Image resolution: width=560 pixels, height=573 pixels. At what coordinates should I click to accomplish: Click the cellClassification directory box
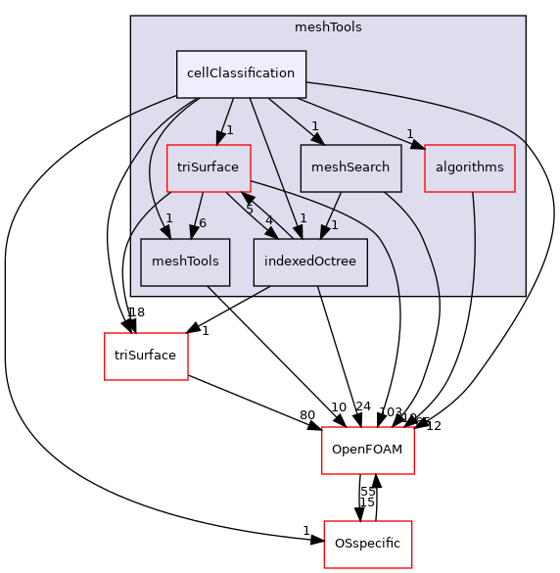241,73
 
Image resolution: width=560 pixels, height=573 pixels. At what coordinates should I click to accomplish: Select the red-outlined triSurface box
208,167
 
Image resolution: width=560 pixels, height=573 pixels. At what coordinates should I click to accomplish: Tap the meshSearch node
350,167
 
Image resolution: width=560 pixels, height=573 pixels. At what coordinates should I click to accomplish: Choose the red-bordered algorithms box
469,167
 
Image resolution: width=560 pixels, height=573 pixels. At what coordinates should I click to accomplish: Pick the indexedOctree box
309,262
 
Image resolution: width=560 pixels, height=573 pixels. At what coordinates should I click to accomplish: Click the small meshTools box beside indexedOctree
184,262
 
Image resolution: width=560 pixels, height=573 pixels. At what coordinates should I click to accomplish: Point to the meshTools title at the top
328,27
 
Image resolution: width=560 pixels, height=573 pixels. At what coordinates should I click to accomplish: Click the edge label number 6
203,223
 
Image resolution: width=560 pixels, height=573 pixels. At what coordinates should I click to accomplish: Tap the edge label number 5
250,211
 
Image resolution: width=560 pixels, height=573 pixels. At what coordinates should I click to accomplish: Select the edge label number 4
269,219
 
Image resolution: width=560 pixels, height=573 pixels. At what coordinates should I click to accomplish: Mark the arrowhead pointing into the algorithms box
418,147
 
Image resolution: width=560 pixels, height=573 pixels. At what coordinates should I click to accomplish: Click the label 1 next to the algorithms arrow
410,135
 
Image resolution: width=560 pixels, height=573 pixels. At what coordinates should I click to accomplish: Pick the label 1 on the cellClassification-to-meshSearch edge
315,125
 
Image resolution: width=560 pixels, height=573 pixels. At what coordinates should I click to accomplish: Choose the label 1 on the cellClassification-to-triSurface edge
229,129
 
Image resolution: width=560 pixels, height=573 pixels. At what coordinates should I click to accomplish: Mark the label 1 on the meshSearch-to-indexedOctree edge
334,224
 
